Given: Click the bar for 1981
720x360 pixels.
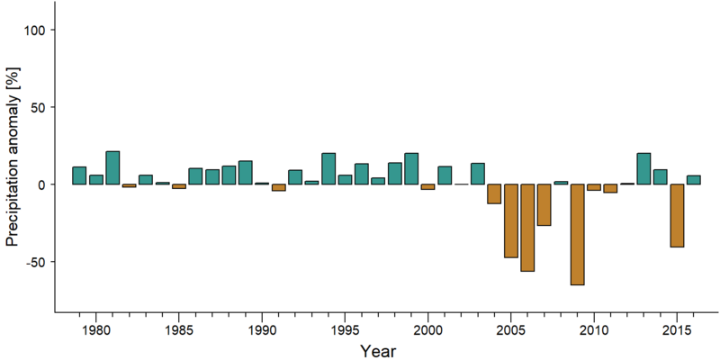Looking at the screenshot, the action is coord(112,167).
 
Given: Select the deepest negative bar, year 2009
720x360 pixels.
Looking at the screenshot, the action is coord(577,235).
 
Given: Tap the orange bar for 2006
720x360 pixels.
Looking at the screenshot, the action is coord(527,228).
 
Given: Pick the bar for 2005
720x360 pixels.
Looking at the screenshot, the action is coord(511,220).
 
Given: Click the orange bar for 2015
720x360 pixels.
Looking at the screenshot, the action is coord(677,216).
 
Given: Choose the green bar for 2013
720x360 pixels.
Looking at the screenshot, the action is coord(643,168).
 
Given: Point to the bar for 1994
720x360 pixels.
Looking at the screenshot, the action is coord(328,168).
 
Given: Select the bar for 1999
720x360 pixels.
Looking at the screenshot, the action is coord(411,168).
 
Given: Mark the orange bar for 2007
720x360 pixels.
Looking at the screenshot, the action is coord(544,205).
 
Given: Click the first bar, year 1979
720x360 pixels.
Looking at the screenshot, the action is coord(79,175).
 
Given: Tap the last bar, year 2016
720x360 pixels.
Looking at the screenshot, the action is coord(693,179).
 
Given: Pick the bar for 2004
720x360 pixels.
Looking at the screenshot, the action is coord(494,193).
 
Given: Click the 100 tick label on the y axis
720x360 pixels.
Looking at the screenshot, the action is coord(34,30).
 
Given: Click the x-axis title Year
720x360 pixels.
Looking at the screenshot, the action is coord(377,351).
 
